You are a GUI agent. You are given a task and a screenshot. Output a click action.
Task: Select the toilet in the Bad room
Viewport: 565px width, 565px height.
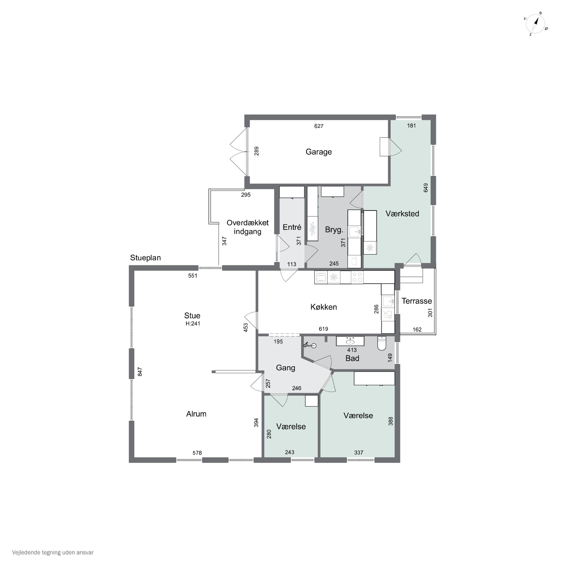pyautogui.click(x=382, y=343)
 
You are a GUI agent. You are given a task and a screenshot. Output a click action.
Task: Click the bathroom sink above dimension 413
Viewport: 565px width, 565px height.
pyautogui.click(x=350, y=341)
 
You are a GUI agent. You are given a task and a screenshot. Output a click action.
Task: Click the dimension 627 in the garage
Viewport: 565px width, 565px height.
pyautogui.click(x=319, y=126)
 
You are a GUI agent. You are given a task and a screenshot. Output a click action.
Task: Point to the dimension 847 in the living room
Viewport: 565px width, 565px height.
pyautogui.click(x=140, y=372)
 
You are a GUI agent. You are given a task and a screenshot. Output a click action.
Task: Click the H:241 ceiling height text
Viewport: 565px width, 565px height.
pyautogui.click(x=193, y=323)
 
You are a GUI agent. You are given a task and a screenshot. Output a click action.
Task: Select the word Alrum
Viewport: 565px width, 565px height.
pyautogui.click(x=196, y=414)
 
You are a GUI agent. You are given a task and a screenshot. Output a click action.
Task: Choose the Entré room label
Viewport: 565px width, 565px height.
pyautogui.click(x=292, y=227)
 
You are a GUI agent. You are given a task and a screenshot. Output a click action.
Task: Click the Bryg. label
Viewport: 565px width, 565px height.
pyautogui.click(x=334, y=230)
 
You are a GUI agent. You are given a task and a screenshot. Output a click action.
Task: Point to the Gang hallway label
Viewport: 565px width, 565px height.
pyautogui.click(x=286, y=368)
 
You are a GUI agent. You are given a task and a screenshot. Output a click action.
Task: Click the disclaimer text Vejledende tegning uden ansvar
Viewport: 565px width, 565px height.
pyautogui.click(x=53, y=552)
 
